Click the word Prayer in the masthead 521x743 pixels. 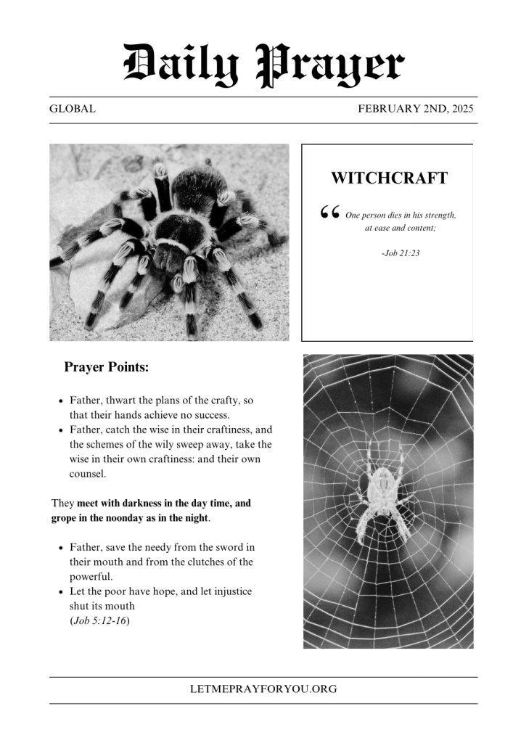[330, 63]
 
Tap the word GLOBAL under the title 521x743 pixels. [73, 110]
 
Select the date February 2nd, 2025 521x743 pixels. [416, 110]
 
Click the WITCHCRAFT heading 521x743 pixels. [389, 178]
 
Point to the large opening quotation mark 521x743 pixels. [329, 212]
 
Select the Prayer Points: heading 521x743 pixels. [107, 368]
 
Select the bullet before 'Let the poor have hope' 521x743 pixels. [60, 592]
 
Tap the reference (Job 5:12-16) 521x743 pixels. [100, 621]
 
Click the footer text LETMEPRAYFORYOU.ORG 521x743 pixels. [263, 689]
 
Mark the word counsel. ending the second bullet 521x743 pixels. [88, 474]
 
